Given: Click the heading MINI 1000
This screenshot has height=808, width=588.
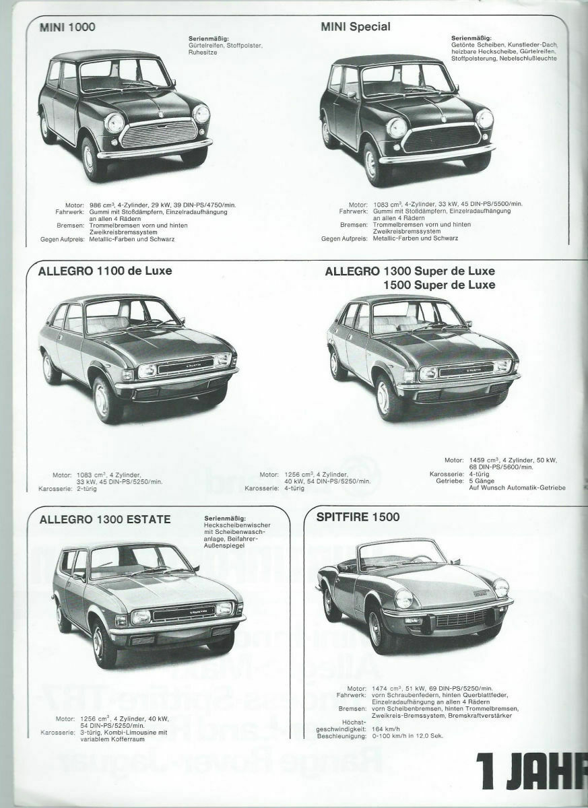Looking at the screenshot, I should click(67, 28).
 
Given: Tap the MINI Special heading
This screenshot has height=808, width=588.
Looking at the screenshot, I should click(356, 28).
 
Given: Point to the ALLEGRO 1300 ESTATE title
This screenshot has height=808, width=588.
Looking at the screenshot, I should click(104, 519).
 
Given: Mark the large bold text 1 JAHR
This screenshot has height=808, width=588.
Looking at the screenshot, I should click(531, 768).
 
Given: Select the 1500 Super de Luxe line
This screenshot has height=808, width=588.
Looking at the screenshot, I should click(438, 285).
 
